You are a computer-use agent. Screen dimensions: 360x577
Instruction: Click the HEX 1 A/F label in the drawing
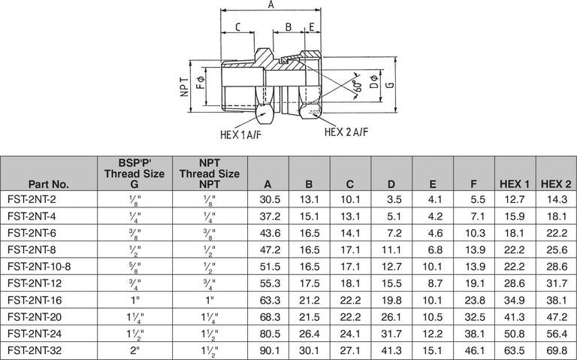tap(239, 135)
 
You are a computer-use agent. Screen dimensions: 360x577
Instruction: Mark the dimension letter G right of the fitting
tap(389, 86)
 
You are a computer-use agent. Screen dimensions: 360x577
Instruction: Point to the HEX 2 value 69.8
tap(556, 349)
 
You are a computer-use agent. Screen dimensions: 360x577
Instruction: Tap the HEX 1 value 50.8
tap(515, 333)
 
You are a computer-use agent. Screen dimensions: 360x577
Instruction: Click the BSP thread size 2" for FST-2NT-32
tap(135, 349)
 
